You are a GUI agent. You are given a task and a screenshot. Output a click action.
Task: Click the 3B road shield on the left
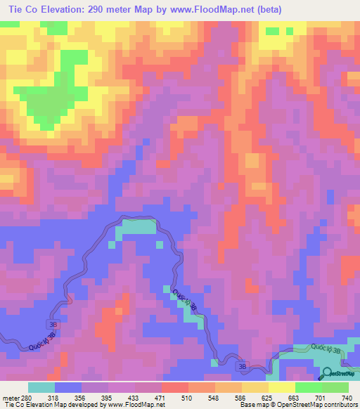pos(53,323)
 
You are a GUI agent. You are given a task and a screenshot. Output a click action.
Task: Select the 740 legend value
pos(346,396)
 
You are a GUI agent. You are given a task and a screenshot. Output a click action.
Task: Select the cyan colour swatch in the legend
pos(41,387)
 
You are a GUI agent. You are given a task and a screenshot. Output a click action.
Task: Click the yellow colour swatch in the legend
pos(281,387)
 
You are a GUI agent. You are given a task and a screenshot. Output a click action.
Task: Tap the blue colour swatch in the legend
pos(68,387)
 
